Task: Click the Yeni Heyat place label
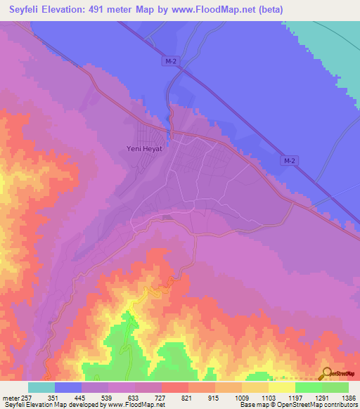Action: [143, 148]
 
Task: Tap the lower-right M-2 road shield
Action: [288, 161]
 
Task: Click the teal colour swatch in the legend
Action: [41, 387]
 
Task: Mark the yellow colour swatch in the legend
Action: [282, 387]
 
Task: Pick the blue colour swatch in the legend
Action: [68, 387]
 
